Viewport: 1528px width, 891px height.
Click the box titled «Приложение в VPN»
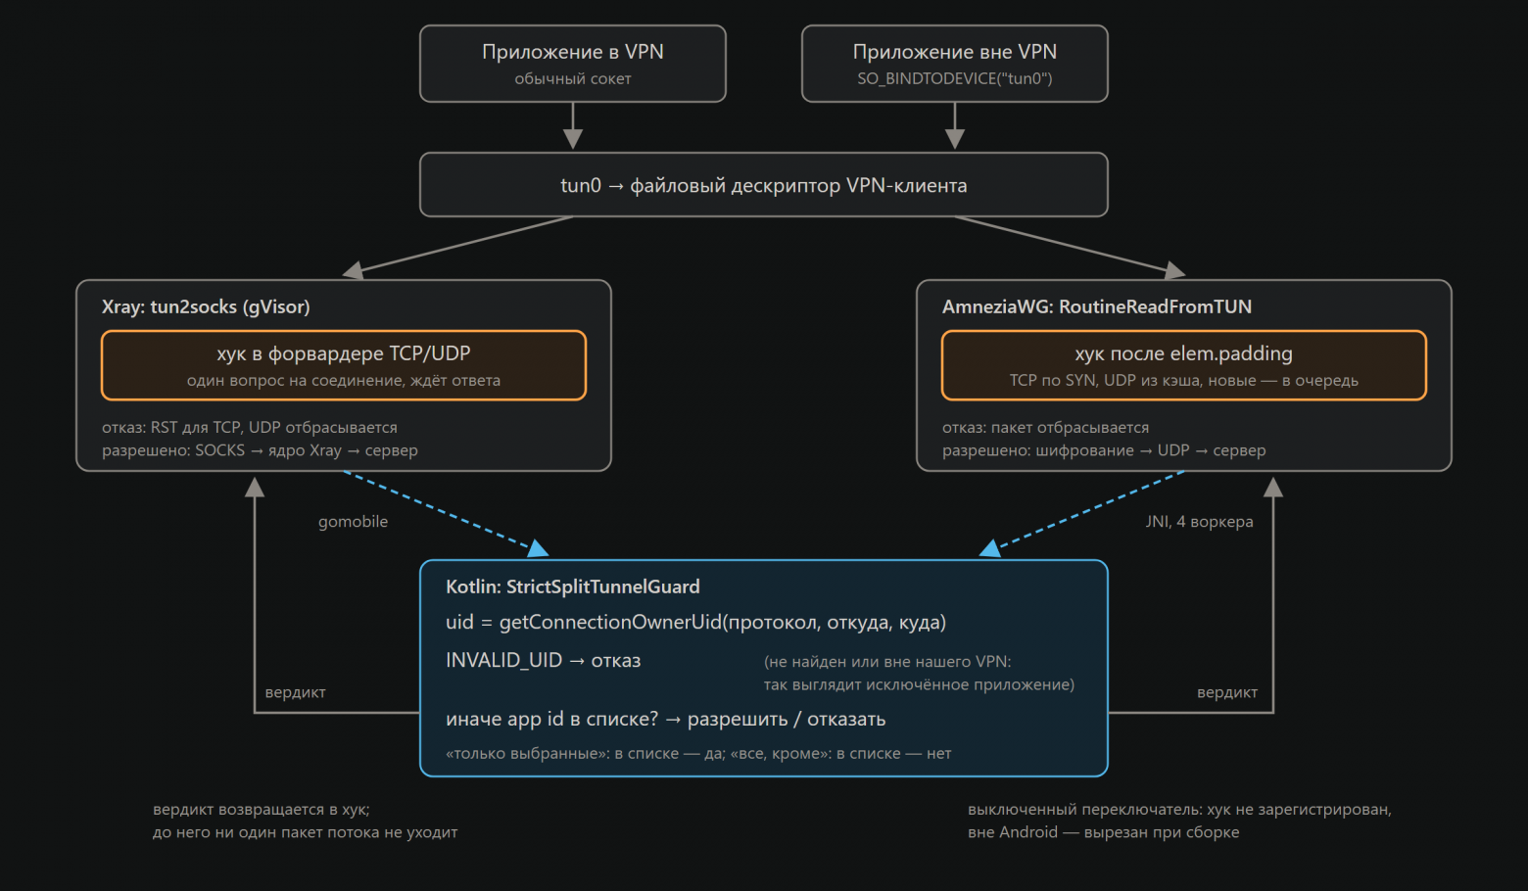point(572,64)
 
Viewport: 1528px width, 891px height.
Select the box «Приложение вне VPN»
point(954,64)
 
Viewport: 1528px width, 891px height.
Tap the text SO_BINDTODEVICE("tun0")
point(954,78)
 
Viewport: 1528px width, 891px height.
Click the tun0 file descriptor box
point(763,185)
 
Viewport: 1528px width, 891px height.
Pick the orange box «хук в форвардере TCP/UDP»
point(343,365)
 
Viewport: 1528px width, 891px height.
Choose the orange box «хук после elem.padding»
point(1183,365)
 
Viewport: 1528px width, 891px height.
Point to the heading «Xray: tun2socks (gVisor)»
point(206,306)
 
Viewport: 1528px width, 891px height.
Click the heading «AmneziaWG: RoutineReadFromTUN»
point(1097,306)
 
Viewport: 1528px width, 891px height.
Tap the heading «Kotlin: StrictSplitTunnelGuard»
point(573,586)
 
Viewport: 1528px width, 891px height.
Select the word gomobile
point(353,522)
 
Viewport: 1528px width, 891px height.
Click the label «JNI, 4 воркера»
point(1199,522)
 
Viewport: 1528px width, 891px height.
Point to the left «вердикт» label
point(296,692)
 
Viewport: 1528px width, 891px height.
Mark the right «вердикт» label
point(1227,692)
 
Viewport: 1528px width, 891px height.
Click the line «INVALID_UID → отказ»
point(543,660)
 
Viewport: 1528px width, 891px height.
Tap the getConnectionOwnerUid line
point(695,623)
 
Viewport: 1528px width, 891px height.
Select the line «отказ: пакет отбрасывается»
point(1045,428)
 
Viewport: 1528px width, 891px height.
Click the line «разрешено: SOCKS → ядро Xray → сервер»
point(260,450)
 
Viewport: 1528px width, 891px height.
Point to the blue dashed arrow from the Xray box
point(446,513)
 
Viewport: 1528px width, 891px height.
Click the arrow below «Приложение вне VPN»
point(954,126)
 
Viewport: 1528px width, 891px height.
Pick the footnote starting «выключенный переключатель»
point(1179,821)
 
